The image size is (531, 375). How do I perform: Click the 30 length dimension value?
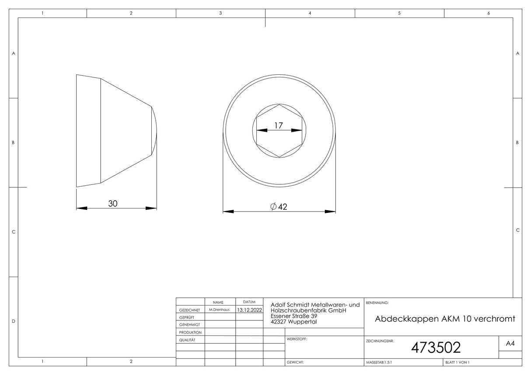coord(113,204)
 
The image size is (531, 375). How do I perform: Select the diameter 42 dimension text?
coord(279,207)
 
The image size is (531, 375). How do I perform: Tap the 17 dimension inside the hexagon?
coord(279,125)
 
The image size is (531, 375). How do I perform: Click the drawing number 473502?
coord(436,347)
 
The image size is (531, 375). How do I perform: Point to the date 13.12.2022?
coord(249,310)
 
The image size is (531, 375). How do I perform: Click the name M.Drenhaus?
coord(219,309)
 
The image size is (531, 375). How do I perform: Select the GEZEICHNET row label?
coord(189,310)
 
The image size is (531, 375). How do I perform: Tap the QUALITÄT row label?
coord(187,340)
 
